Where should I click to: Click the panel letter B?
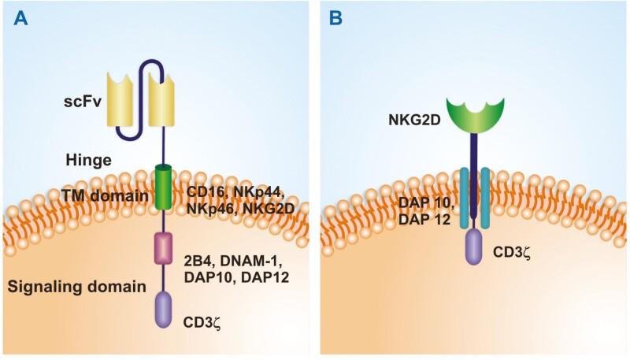point(336,18)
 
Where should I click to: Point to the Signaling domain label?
point(77,288)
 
